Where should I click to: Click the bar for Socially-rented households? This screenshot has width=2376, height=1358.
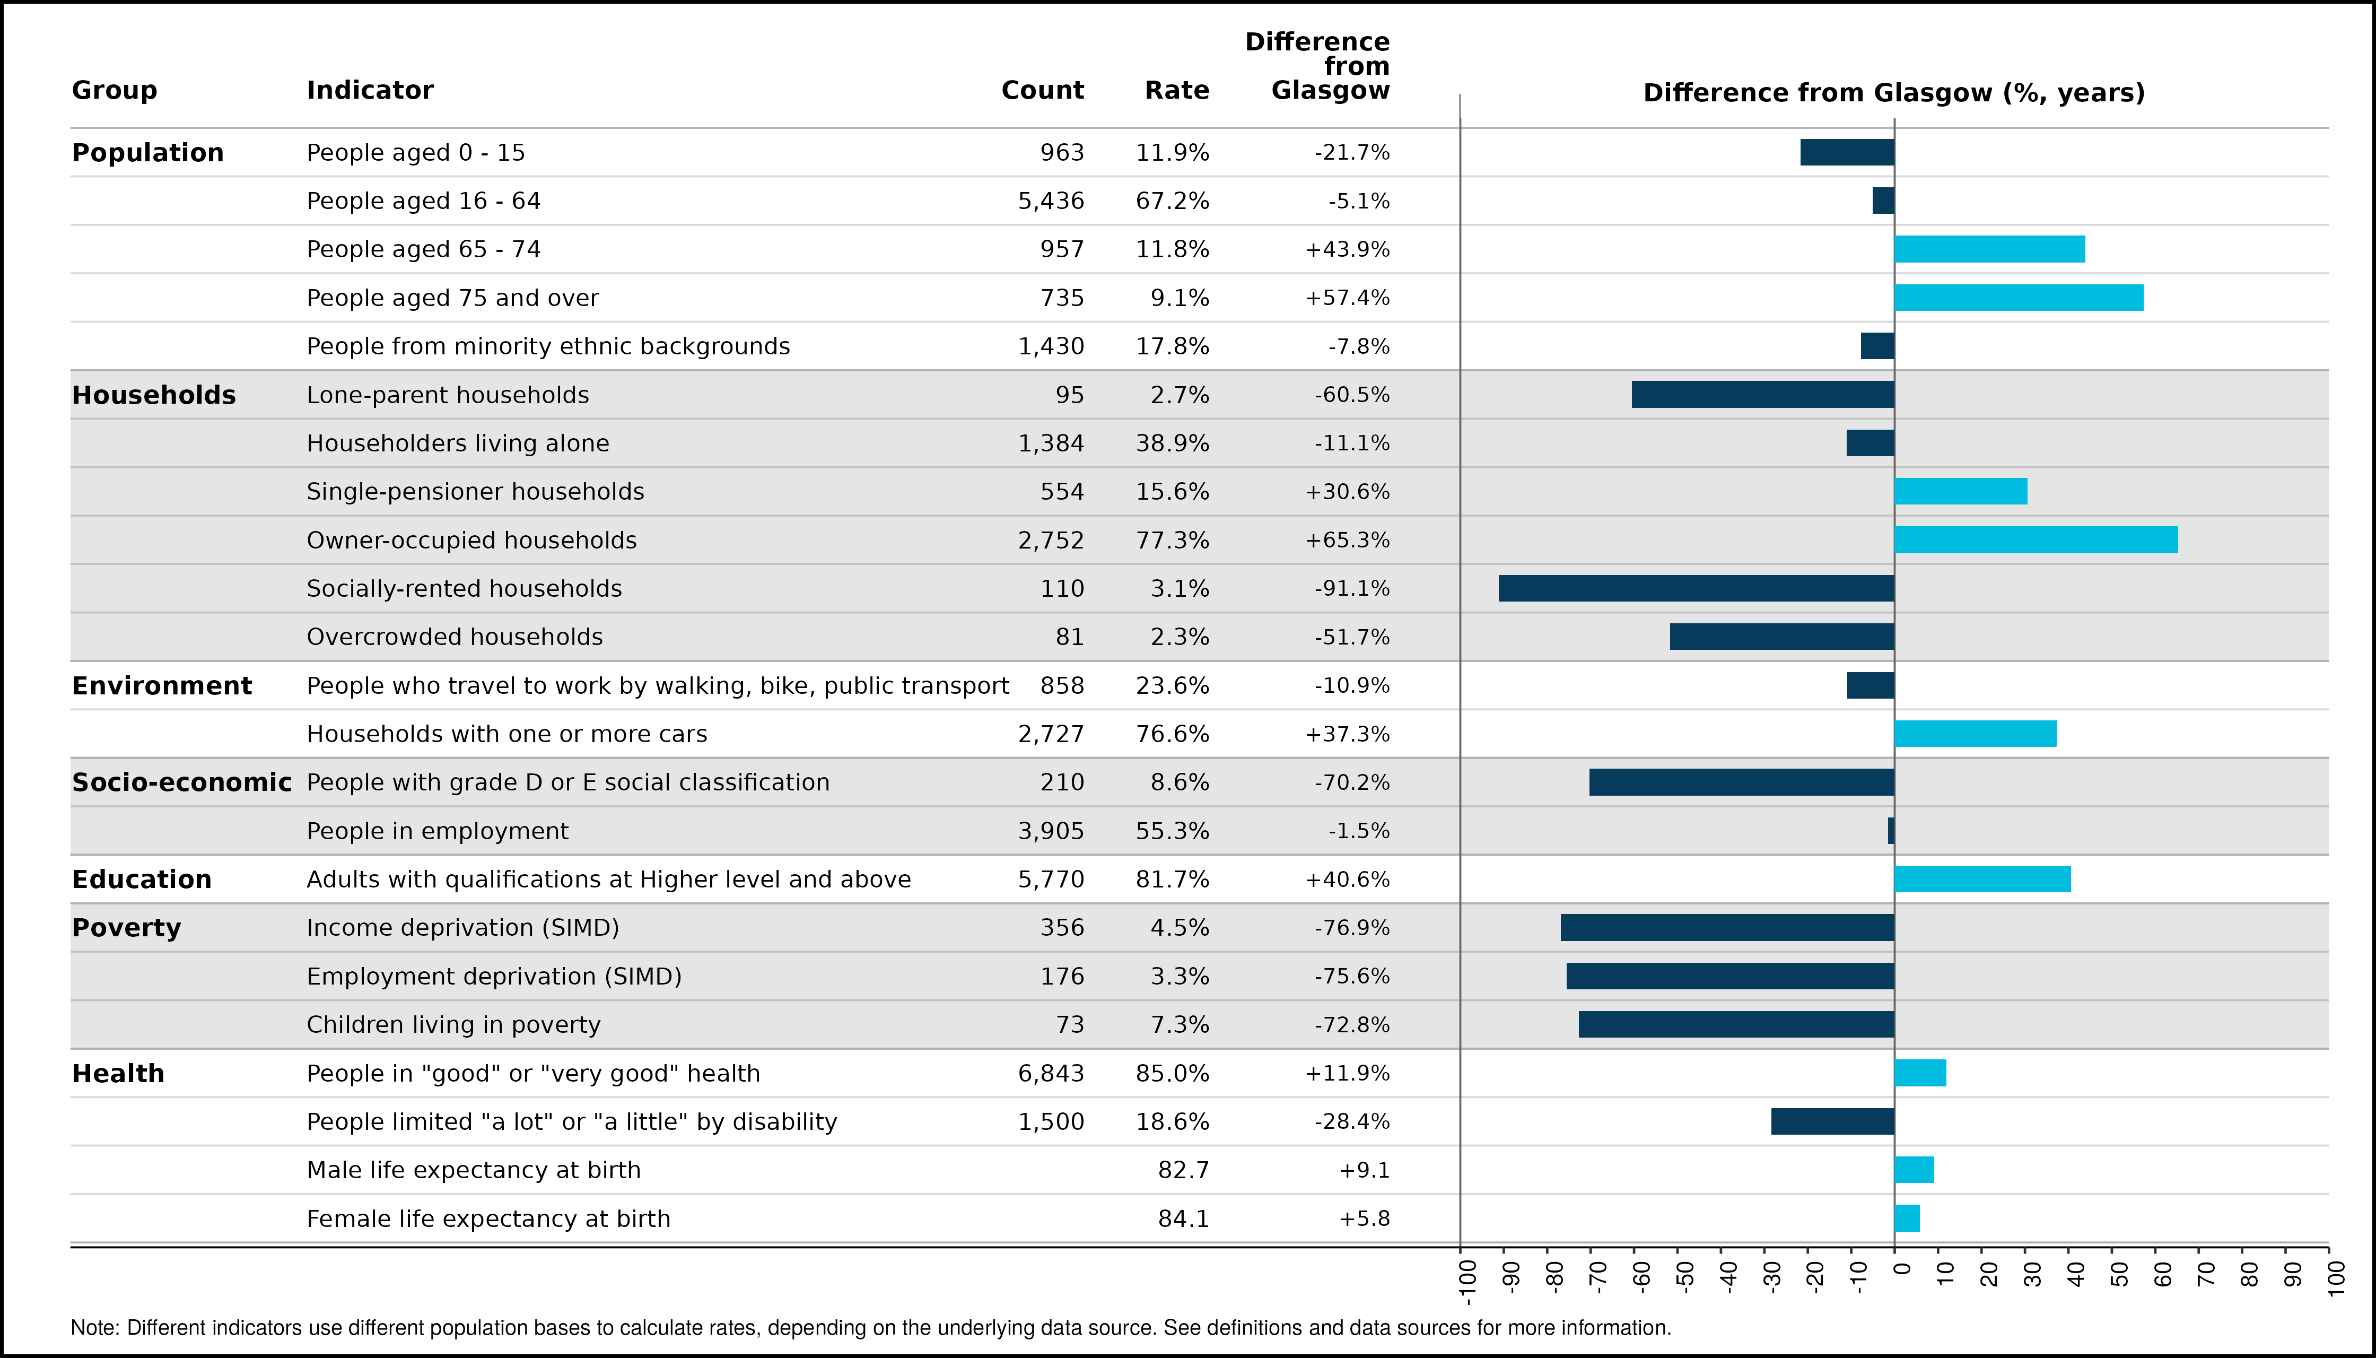(1696, 588)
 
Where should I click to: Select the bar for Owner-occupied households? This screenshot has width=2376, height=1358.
(2036, 540)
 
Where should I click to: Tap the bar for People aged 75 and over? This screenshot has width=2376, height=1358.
(2019, 298)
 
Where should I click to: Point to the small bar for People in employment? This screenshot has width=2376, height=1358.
(1891, 831)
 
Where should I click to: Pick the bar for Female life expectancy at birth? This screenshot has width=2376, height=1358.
(1907, 1218)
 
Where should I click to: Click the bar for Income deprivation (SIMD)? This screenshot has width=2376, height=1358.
(1728, 927)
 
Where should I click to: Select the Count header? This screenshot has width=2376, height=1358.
(1043, 91)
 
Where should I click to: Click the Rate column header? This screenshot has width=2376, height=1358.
(1177, 91)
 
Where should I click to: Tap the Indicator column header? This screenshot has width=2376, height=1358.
(370, 91)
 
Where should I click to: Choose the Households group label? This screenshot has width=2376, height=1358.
(154, 395)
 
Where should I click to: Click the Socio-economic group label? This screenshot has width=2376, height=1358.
(182, 782)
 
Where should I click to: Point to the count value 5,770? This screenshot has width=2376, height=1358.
(1051, 880)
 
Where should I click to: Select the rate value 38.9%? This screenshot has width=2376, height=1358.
(1172, 443)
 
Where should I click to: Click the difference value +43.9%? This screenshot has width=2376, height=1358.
(1348, 249)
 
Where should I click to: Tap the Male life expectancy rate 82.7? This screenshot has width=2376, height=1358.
(1183, 1170)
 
